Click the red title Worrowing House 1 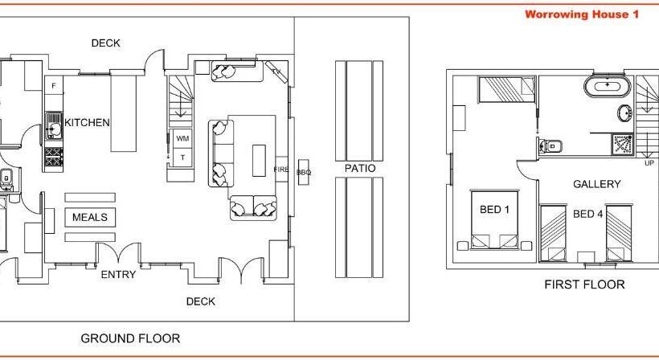click(582, 14)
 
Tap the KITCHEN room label click(87, 122)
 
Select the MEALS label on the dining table click(90, 217)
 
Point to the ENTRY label click(118, 274)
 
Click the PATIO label click(360, 169)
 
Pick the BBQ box click(304, 172)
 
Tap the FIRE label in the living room click(281, 170)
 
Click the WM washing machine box click(182, 138)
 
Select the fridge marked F click(54, 86)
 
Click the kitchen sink click(54, 126)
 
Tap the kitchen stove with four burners click(54, 157)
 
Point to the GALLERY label click(597, 184)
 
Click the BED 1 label click(494, 209)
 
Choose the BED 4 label click(587, 215)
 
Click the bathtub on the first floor click(608, 86)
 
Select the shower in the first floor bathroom click(623, 145)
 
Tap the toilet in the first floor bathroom click(551, 146)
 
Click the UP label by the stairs click(649, 163)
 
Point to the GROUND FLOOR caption click(130, 338)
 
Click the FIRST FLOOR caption click(584, 284)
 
